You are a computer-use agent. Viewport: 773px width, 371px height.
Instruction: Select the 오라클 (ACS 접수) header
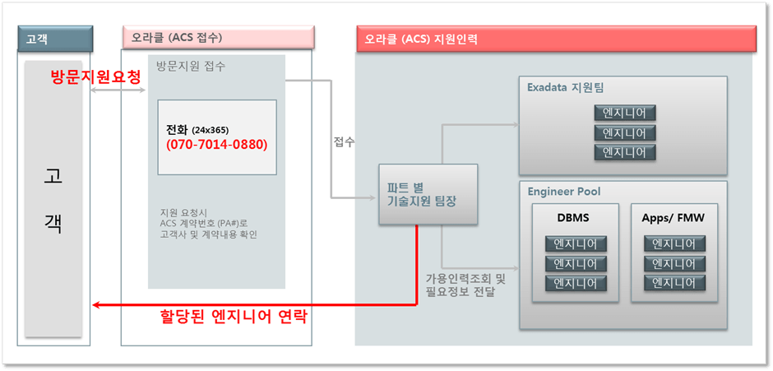click(x=177, y=38)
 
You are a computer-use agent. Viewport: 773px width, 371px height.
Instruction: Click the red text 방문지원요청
click(x=95, y=76)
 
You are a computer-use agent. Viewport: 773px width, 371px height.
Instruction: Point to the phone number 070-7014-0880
click(x=217, y=144)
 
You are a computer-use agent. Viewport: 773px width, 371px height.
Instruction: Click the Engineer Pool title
click(x=564, y=192)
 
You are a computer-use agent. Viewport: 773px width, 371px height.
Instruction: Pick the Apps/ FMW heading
click(x=673, y=219)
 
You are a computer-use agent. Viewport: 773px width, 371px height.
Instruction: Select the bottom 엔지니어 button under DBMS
click(x=576, y=284)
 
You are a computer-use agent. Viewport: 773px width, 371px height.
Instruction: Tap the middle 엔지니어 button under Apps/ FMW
click(x=674, y=264)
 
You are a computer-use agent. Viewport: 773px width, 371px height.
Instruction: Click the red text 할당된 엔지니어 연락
click(x=234, y=317)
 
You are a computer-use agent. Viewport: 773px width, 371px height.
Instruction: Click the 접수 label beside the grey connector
click(x=345, y=141)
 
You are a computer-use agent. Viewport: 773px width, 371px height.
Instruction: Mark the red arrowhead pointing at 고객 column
click(x=97, y=305)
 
